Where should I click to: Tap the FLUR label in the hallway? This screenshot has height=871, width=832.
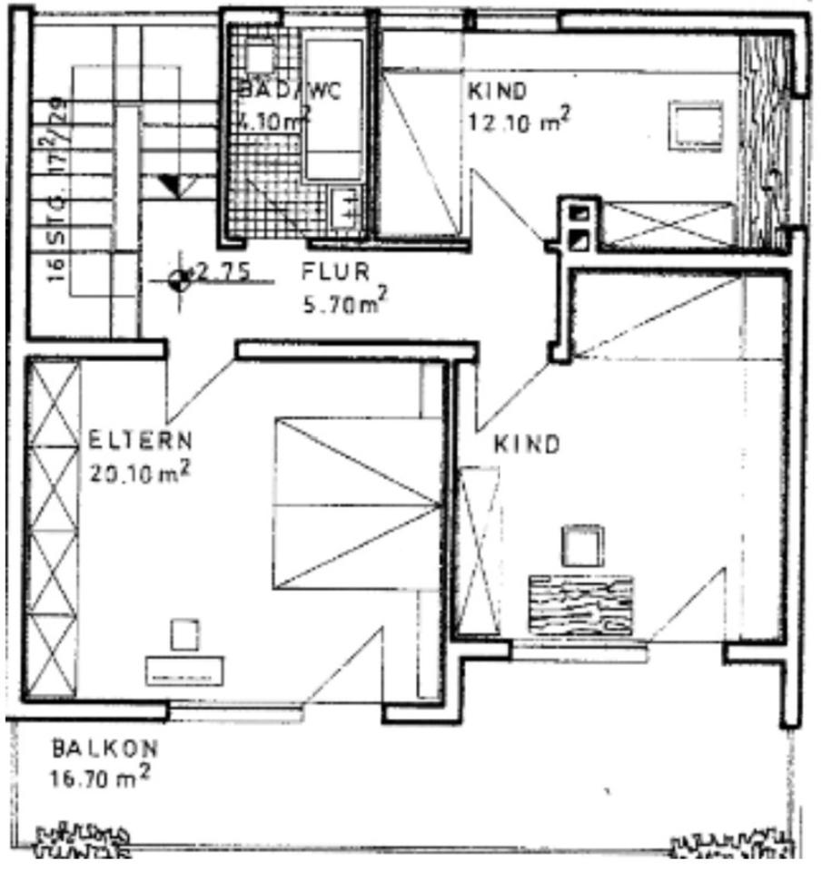(x=336, y=271)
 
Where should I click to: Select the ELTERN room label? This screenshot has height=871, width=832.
(x=141, y=442)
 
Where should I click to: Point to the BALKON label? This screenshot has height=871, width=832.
(x=104, y=749)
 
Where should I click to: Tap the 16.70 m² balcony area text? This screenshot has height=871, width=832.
(x=100, y=778)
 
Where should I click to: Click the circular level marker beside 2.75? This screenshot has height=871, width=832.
(x=180, y=279)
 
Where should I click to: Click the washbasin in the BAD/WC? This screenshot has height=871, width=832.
(x=344, y=208)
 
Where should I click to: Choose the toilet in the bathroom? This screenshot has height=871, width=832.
(x=260, y=58)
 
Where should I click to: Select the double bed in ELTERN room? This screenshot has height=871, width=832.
(x=355, y=504)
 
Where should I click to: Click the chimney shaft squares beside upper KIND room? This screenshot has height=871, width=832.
(x=579, y=227)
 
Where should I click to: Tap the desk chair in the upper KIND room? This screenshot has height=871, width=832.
(x=697, y=124)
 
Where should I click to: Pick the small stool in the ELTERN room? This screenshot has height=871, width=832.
(x=185, y=634)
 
